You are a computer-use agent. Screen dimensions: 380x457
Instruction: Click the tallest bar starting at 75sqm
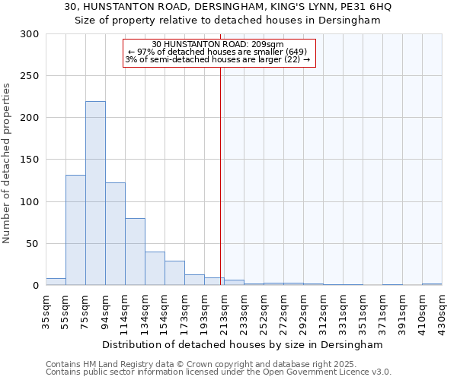click(x=95, y=193)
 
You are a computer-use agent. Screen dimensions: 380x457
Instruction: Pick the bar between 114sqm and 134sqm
click(x=135, y=252)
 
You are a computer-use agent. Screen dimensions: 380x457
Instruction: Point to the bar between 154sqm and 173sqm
click(x=174, y=273)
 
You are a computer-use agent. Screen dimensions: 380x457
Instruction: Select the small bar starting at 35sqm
click(x=56, y=282)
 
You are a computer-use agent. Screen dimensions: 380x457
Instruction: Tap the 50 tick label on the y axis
click(x=33, y=244)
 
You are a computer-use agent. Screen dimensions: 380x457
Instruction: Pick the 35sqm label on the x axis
click(x=46, y=310)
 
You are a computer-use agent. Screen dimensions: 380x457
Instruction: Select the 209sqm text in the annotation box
click(x=270, y=45)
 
